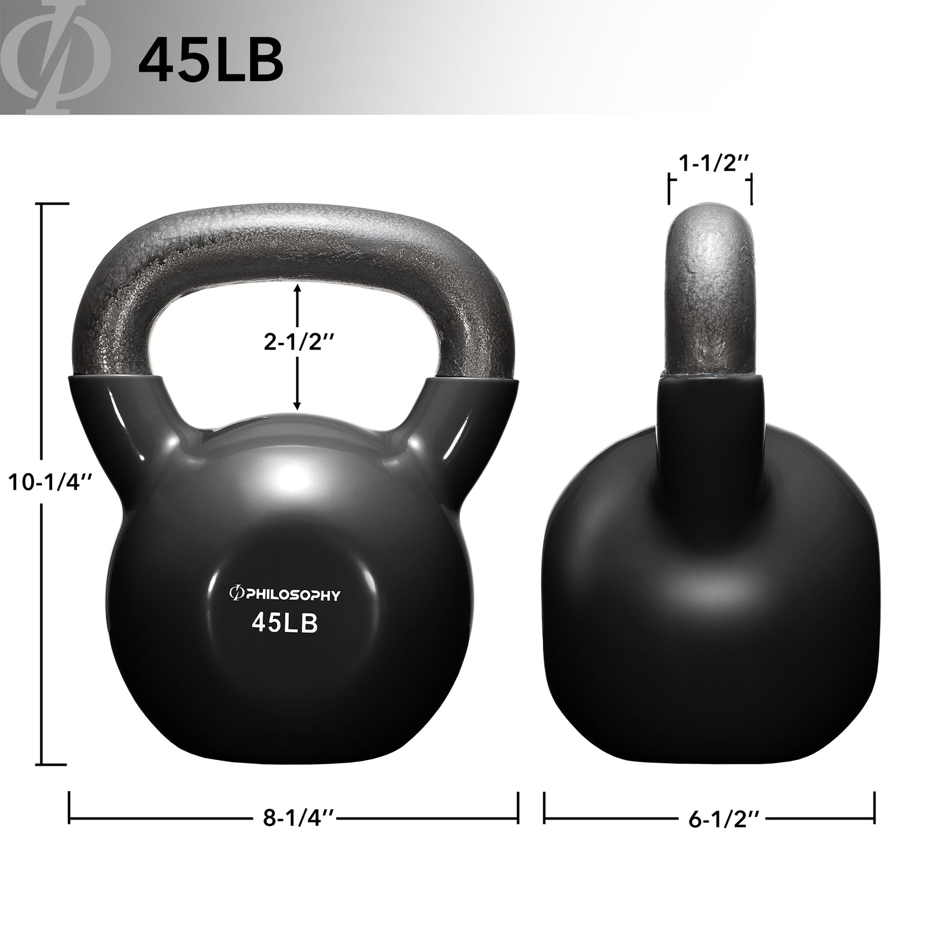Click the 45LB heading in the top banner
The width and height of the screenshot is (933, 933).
point(210,59)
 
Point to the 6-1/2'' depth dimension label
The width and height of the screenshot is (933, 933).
point(724,819)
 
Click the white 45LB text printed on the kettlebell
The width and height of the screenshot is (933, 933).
point(285,623)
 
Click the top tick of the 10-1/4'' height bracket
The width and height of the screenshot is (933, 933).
point(52,204)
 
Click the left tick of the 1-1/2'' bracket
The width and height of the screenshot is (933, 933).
point(669,190)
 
